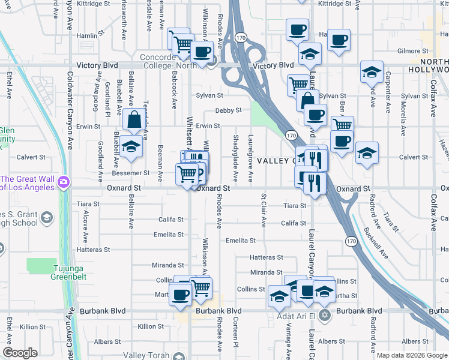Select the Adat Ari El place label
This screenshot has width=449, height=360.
297,316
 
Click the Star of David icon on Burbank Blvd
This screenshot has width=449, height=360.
325,315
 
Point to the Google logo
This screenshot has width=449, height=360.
20,353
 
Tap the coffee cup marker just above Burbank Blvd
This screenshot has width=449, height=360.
180,294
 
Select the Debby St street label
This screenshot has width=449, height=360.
228,110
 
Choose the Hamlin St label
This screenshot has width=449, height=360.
87,36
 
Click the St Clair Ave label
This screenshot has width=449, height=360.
263,210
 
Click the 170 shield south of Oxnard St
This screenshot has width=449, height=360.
351,241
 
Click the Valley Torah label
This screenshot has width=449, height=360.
146,355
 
